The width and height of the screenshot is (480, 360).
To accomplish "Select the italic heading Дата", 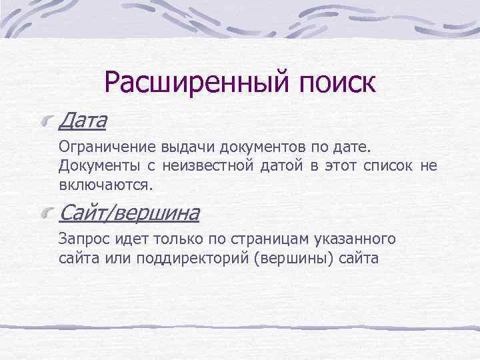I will click(83, 121).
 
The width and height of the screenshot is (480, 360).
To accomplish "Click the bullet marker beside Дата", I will click(47, 121).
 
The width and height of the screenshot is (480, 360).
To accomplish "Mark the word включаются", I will click(105, 183).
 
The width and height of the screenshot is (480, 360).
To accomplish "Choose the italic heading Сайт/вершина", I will click(129, 213).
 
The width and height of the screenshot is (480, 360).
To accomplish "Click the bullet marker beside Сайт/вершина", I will click(47, 214).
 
